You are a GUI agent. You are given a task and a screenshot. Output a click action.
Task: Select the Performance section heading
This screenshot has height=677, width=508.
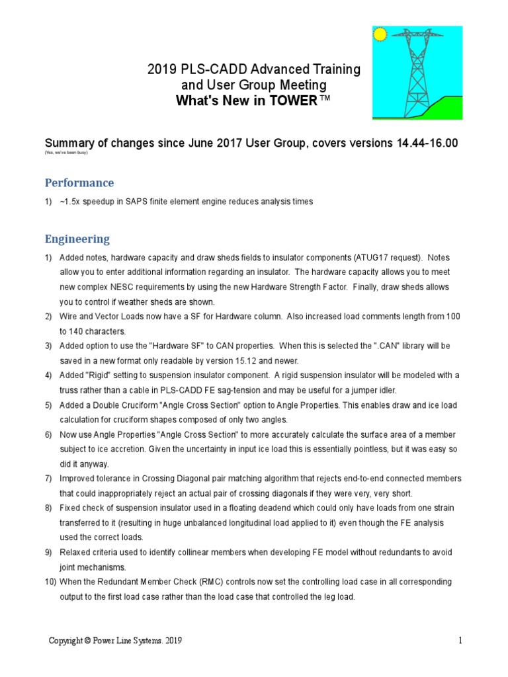pyautogui.click(x=79, y=182)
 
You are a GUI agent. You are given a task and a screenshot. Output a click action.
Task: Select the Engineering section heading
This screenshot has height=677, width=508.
pyautogui.click(x=77, y=239)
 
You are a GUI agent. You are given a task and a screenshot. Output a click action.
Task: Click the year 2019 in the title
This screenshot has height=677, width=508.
pyautogui.click(x=162, y=69)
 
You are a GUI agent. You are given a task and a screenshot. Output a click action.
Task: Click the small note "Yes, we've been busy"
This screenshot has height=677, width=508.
pyautogui.click(x=65, y=153)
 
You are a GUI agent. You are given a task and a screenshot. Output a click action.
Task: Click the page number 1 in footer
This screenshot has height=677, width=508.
pyautogui.click(x=460, y=641)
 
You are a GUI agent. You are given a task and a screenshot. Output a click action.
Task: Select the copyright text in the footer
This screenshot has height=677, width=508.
pyautogui.click(x=116, y=641)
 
